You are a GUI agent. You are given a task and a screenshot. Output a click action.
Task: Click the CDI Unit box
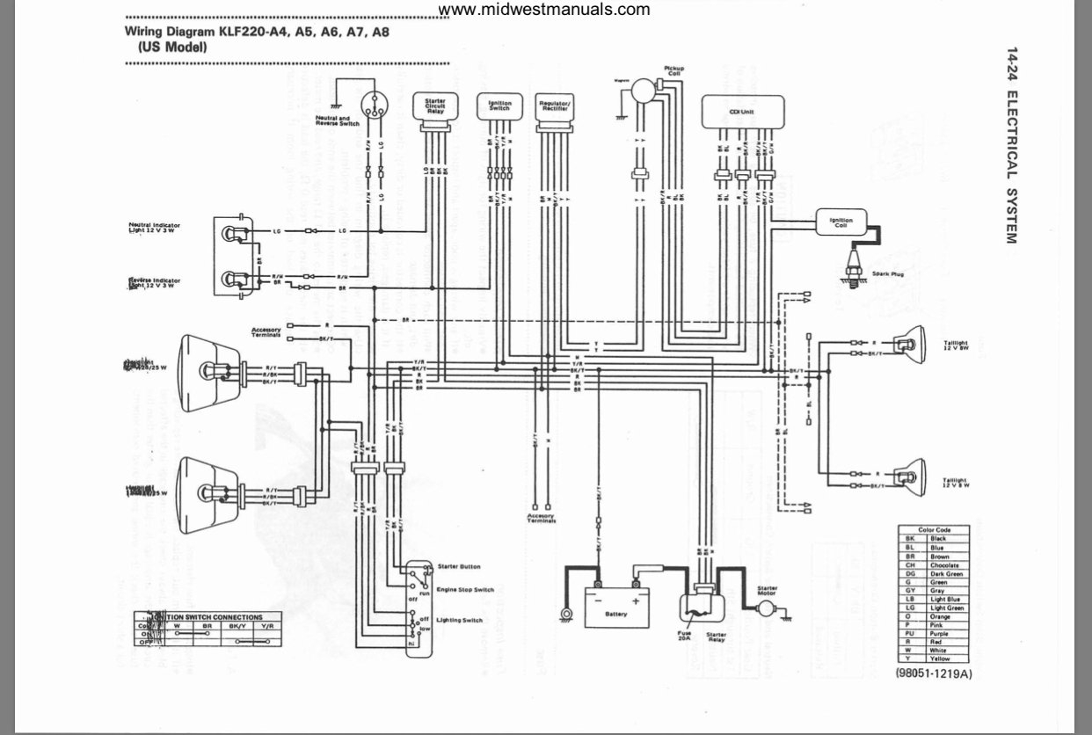coord(743,111)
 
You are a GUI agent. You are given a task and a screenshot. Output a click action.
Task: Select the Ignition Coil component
coord(841,220)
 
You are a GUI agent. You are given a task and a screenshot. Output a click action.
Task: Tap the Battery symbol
coord(617,607)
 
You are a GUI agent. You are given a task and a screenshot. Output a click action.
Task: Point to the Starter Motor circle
coord(766,608)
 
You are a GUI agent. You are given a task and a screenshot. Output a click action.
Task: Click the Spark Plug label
coord(888,274)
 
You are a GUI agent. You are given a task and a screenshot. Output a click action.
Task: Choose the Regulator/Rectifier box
coord(555,108)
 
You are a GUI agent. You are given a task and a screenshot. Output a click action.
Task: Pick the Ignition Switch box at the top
coord(499,106)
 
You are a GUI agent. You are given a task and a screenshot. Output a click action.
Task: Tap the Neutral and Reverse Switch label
coord(337,121)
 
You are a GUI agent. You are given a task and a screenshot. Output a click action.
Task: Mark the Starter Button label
coord(458,567)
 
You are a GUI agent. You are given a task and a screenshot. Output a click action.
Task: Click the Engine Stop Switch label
coord(464,590)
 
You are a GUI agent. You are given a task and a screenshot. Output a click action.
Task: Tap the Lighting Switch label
coord(459,621)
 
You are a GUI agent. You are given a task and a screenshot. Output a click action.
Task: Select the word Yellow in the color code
coord(940,659)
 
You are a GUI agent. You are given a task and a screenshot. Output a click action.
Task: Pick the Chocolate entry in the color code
coord(944,565)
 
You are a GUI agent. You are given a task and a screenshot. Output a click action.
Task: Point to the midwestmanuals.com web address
coord(544,10)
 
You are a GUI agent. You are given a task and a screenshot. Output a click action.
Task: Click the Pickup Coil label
coord(673,70)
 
